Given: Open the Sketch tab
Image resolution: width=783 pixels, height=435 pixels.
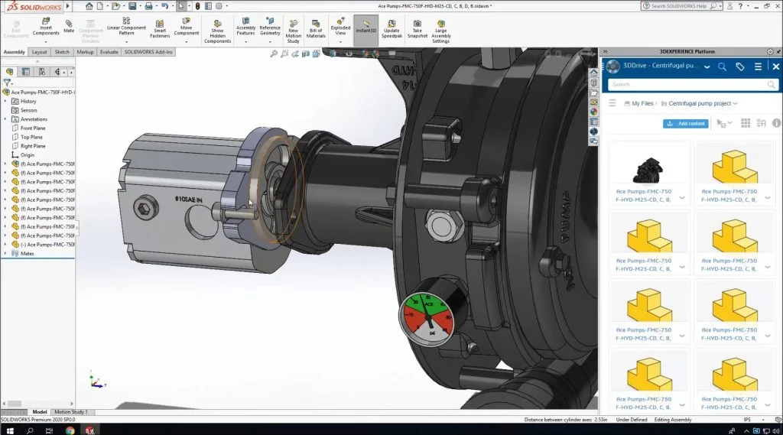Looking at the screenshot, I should (62, 52).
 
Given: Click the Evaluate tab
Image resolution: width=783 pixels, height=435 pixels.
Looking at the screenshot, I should (109, 52).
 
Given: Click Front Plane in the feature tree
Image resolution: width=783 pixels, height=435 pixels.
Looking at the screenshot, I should (33, 128).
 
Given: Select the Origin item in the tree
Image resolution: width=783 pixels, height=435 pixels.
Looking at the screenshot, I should (28, 154).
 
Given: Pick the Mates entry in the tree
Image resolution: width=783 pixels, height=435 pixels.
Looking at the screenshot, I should (28, 253).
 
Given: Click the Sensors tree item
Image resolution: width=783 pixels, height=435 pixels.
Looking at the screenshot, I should (29, 110).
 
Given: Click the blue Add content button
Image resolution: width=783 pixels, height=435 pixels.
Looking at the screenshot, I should (686, 123).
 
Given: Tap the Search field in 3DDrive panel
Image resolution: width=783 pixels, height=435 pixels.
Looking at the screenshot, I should (688, 84).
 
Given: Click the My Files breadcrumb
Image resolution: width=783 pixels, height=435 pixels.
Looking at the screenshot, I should (642, 103).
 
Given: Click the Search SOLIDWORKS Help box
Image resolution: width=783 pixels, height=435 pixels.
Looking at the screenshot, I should (681, 6).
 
